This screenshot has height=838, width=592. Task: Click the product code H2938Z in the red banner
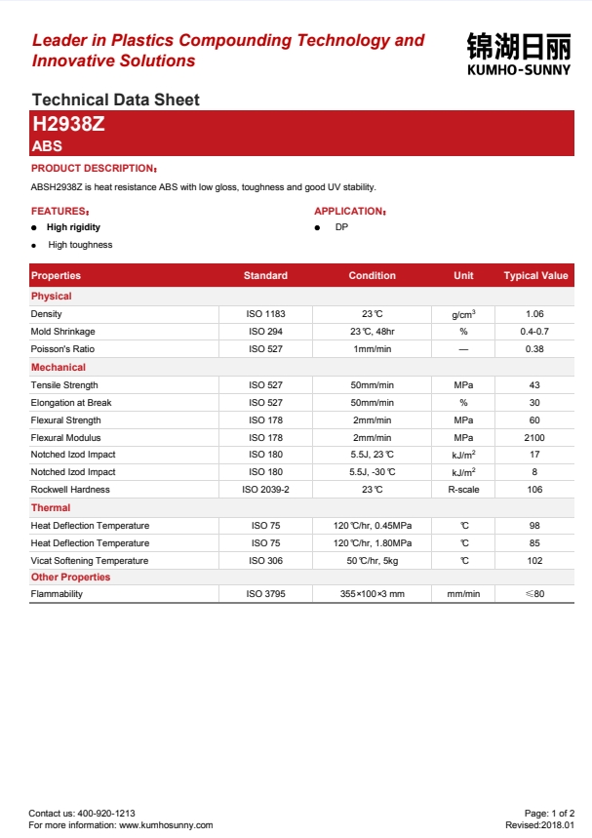point(68,124)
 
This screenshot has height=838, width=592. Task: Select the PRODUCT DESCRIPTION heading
point(94,169)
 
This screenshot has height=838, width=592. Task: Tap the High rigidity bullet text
point(73,227)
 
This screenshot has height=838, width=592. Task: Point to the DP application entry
point(341,227)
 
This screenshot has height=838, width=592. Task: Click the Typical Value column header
point(535,276)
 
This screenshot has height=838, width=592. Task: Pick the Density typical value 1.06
point(534,314)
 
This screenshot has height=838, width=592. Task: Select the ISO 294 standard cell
point(265,332)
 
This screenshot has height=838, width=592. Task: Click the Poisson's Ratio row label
point(62,349)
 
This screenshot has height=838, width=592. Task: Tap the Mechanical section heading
point(59,368)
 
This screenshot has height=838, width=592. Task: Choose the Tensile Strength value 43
point(534,385)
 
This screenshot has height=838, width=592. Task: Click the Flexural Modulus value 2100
point(534,438)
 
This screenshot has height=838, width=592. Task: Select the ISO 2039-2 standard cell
point(265,490)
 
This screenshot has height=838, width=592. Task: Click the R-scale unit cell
point(463,490)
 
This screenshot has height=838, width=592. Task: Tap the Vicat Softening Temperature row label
point(90,561)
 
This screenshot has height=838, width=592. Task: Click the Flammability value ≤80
point(534,594)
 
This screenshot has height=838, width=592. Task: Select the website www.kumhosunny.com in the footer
point(166,825)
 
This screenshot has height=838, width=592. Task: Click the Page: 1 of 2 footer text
point(556,813)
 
